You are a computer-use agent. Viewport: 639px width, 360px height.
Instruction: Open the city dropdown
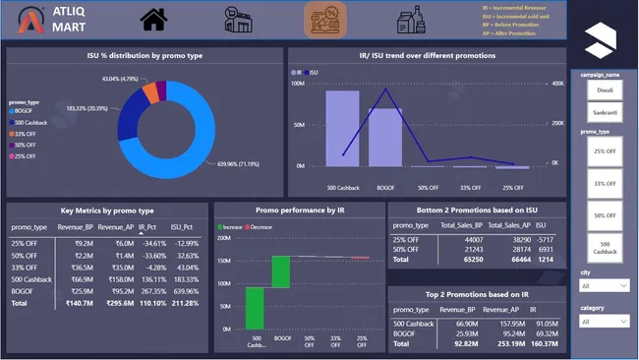(604, 286)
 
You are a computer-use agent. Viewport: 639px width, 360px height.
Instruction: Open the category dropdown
(604, 321)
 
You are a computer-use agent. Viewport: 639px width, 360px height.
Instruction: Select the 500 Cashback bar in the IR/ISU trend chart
(342, 128)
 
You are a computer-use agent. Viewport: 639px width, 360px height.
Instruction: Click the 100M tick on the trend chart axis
(297, 84)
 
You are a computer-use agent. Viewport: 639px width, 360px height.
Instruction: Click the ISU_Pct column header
(185, 225)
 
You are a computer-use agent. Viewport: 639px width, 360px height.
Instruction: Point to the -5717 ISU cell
(548, 239)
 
